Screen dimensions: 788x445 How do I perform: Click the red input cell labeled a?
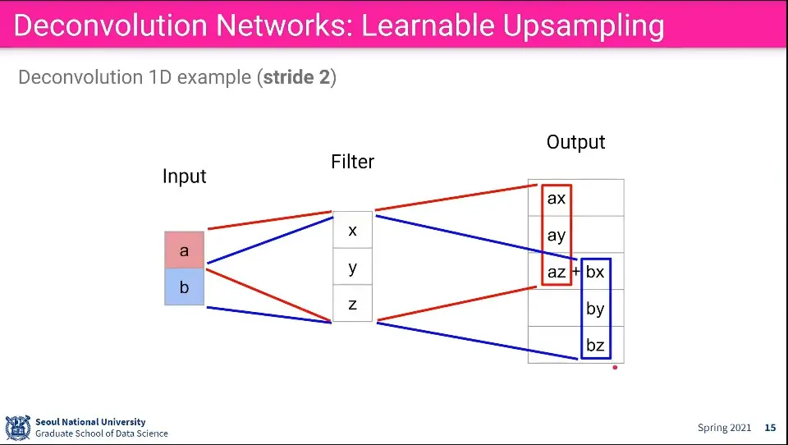coord(185,250)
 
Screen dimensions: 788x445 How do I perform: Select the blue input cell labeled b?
coord(185,287)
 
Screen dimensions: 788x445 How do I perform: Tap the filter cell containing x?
coord(352,230)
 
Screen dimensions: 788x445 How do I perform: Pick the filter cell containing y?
coord(352,267)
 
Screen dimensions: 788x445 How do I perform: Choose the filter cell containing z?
coord(352,303)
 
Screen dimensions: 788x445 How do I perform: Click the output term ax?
coord(557,198)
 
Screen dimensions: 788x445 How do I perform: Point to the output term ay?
coord(557,236)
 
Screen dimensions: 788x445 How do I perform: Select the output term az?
coord(557,272)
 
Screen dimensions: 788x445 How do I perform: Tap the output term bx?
coord(595,272)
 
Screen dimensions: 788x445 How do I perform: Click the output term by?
coord(595,309)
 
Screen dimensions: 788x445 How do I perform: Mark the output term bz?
coord(595,345)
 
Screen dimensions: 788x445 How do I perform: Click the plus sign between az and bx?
coord(576,272)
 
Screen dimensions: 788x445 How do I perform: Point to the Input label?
coord(185,177)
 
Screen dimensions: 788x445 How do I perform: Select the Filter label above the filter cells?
coord(352,162)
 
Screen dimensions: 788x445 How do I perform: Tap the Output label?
coord(576,142)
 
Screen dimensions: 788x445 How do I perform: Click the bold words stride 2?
coord(296,77)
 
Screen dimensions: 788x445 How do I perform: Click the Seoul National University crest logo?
coord(18,428)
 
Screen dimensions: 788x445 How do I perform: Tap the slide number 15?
coord(771,428)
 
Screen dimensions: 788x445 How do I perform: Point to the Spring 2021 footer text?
coord(724,428)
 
